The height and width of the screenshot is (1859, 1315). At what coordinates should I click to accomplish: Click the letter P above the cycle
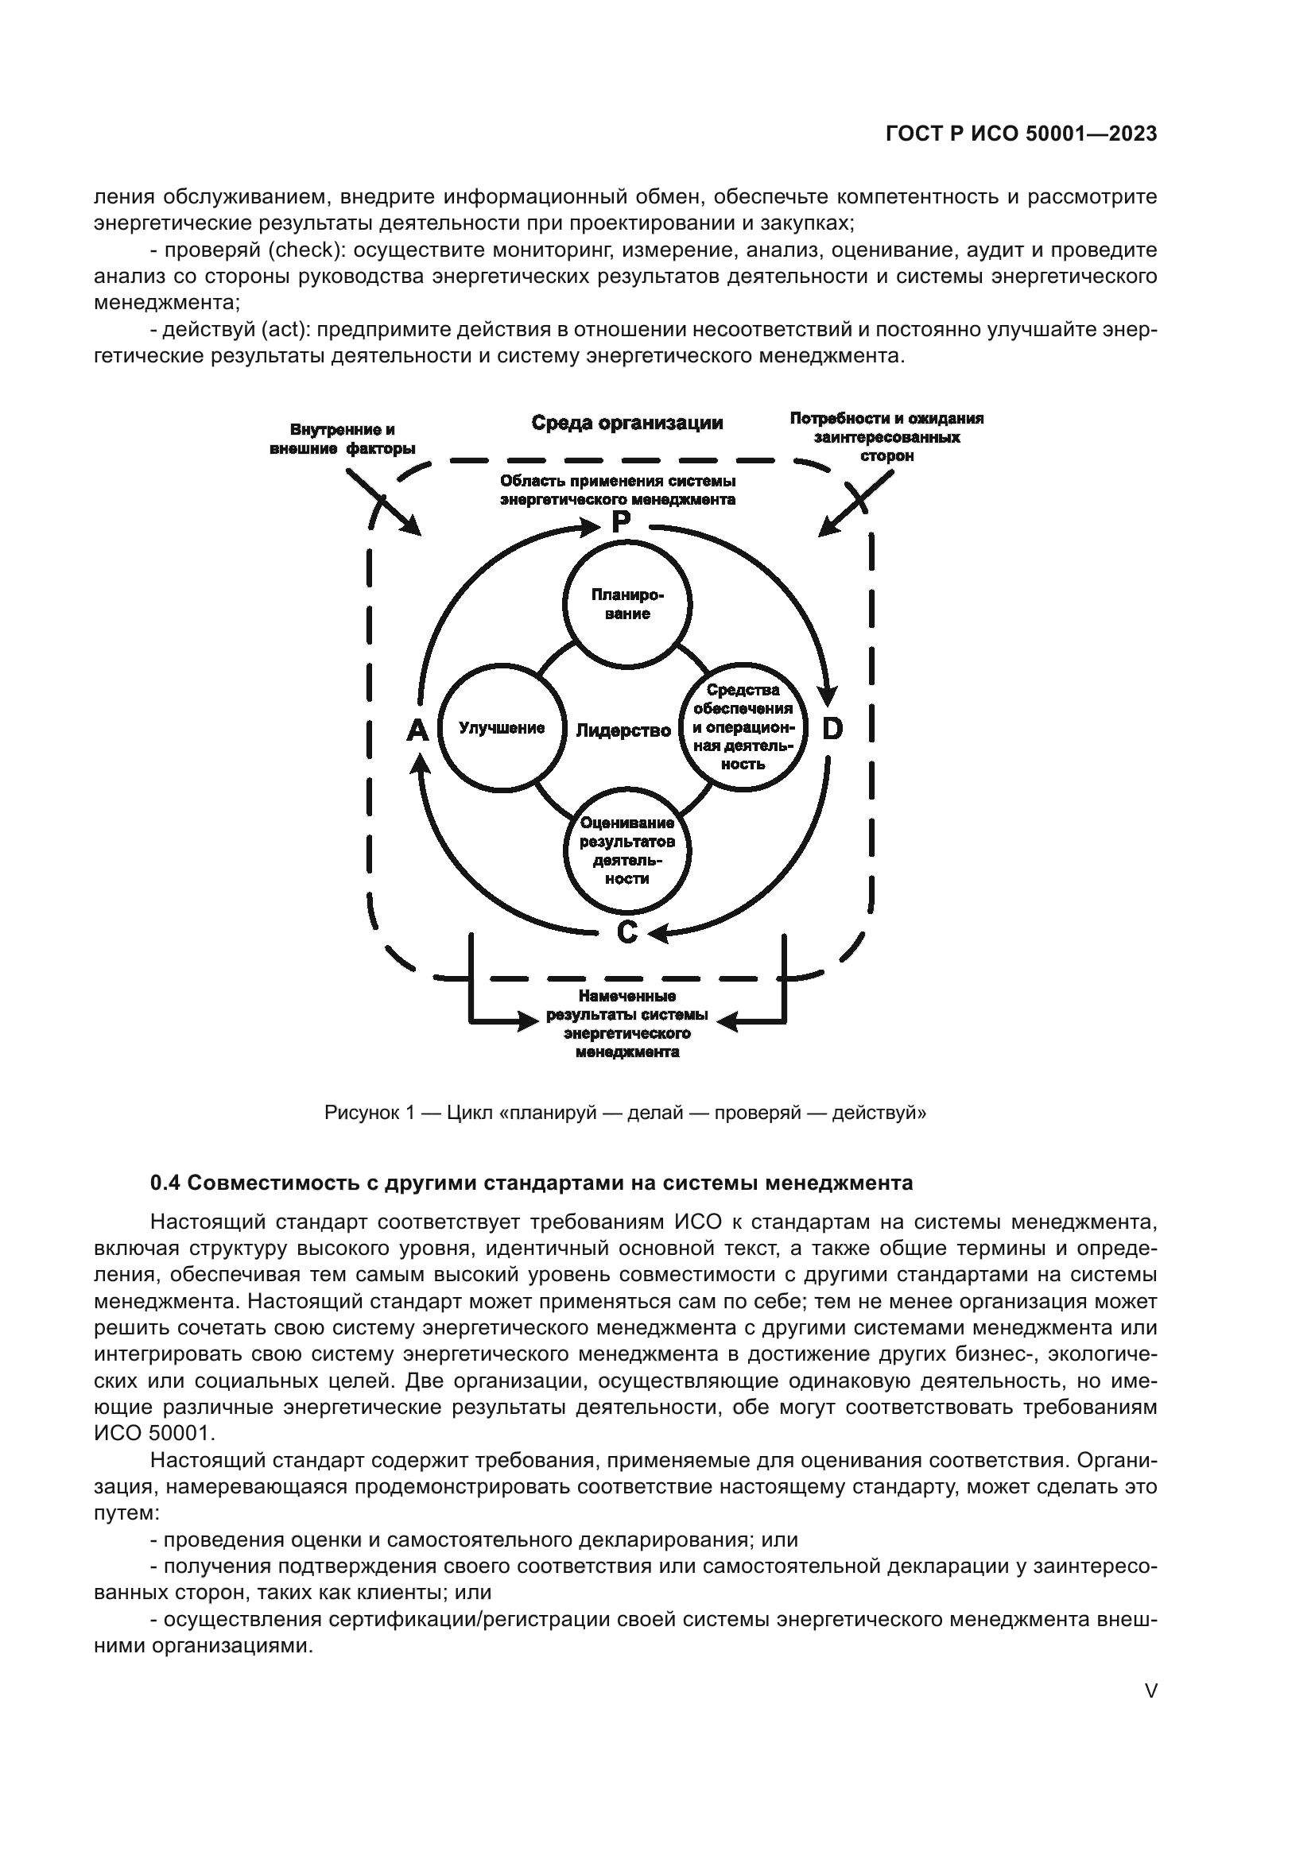coord(620,522)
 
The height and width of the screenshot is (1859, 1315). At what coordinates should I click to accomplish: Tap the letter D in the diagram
coord(832,730)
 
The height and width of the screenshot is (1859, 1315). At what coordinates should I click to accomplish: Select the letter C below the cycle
coord(627,933)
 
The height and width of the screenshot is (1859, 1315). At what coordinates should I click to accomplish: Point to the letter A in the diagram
coord(417,730)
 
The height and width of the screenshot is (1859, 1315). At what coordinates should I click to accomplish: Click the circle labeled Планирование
coord(626,605)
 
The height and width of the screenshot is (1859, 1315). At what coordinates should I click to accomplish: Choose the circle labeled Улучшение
coord(501,728)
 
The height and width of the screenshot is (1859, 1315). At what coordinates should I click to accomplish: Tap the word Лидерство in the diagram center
coord(623,730)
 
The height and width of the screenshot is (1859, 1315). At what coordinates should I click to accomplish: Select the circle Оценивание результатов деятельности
coord(626,851)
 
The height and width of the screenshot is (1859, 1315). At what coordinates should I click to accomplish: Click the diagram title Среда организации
coord(626,423)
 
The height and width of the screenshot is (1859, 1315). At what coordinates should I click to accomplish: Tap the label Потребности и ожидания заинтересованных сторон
coord(886,437)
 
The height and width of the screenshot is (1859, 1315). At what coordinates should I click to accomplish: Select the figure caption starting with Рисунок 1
coord(625,1113)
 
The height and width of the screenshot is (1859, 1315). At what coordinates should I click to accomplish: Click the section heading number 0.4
coord(164,1183)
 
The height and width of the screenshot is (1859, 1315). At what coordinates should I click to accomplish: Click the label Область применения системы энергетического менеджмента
coord(618,490)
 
